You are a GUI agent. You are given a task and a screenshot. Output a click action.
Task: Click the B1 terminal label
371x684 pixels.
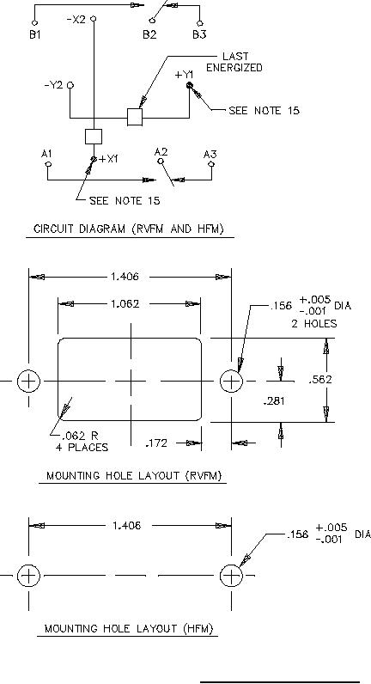pos(35,35)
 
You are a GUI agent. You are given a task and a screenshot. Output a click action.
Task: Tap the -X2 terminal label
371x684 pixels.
pos(76,19)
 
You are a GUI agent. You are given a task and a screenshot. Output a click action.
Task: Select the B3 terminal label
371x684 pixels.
pos(199,35)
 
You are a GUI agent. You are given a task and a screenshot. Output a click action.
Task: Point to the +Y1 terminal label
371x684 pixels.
pos(184,75)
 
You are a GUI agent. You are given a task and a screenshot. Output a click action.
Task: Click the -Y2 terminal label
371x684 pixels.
pos(53,86)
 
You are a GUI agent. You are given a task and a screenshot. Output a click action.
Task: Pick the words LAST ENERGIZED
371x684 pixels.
pos(234,62)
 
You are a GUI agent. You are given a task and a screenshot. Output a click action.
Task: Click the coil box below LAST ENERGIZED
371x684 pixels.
pos(135,118)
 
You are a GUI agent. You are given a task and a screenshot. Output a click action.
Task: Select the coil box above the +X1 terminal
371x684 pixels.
pos(94,137)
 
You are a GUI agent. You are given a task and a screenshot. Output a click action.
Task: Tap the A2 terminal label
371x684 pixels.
pos(161,152)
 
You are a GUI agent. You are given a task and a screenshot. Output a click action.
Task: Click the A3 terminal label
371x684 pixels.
pos(210,155)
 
